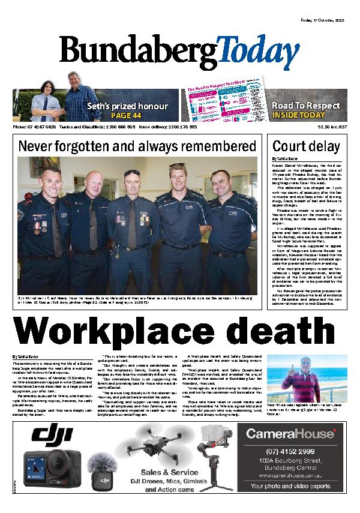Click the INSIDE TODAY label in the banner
(298, 115)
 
